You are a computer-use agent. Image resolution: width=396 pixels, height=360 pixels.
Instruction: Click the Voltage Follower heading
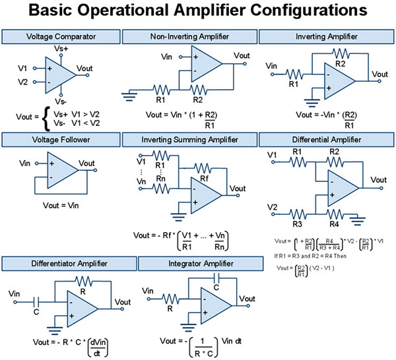[65, 140]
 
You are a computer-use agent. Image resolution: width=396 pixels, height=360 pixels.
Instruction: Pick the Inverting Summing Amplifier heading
[193, 140]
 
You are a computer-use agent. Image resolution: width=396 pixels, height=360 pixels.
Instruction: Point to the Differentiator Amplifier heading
[69, 264]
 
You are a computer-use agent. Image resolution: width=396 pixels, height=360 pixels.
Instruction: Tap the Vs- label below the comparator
[61, 102]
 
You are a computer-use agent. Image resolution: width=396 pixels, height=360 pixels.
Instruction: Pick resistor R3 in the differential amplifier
[298, 213]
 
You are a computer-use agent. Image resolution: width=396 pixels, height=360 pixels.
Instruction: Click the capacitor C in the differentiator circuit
[36, 300]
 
